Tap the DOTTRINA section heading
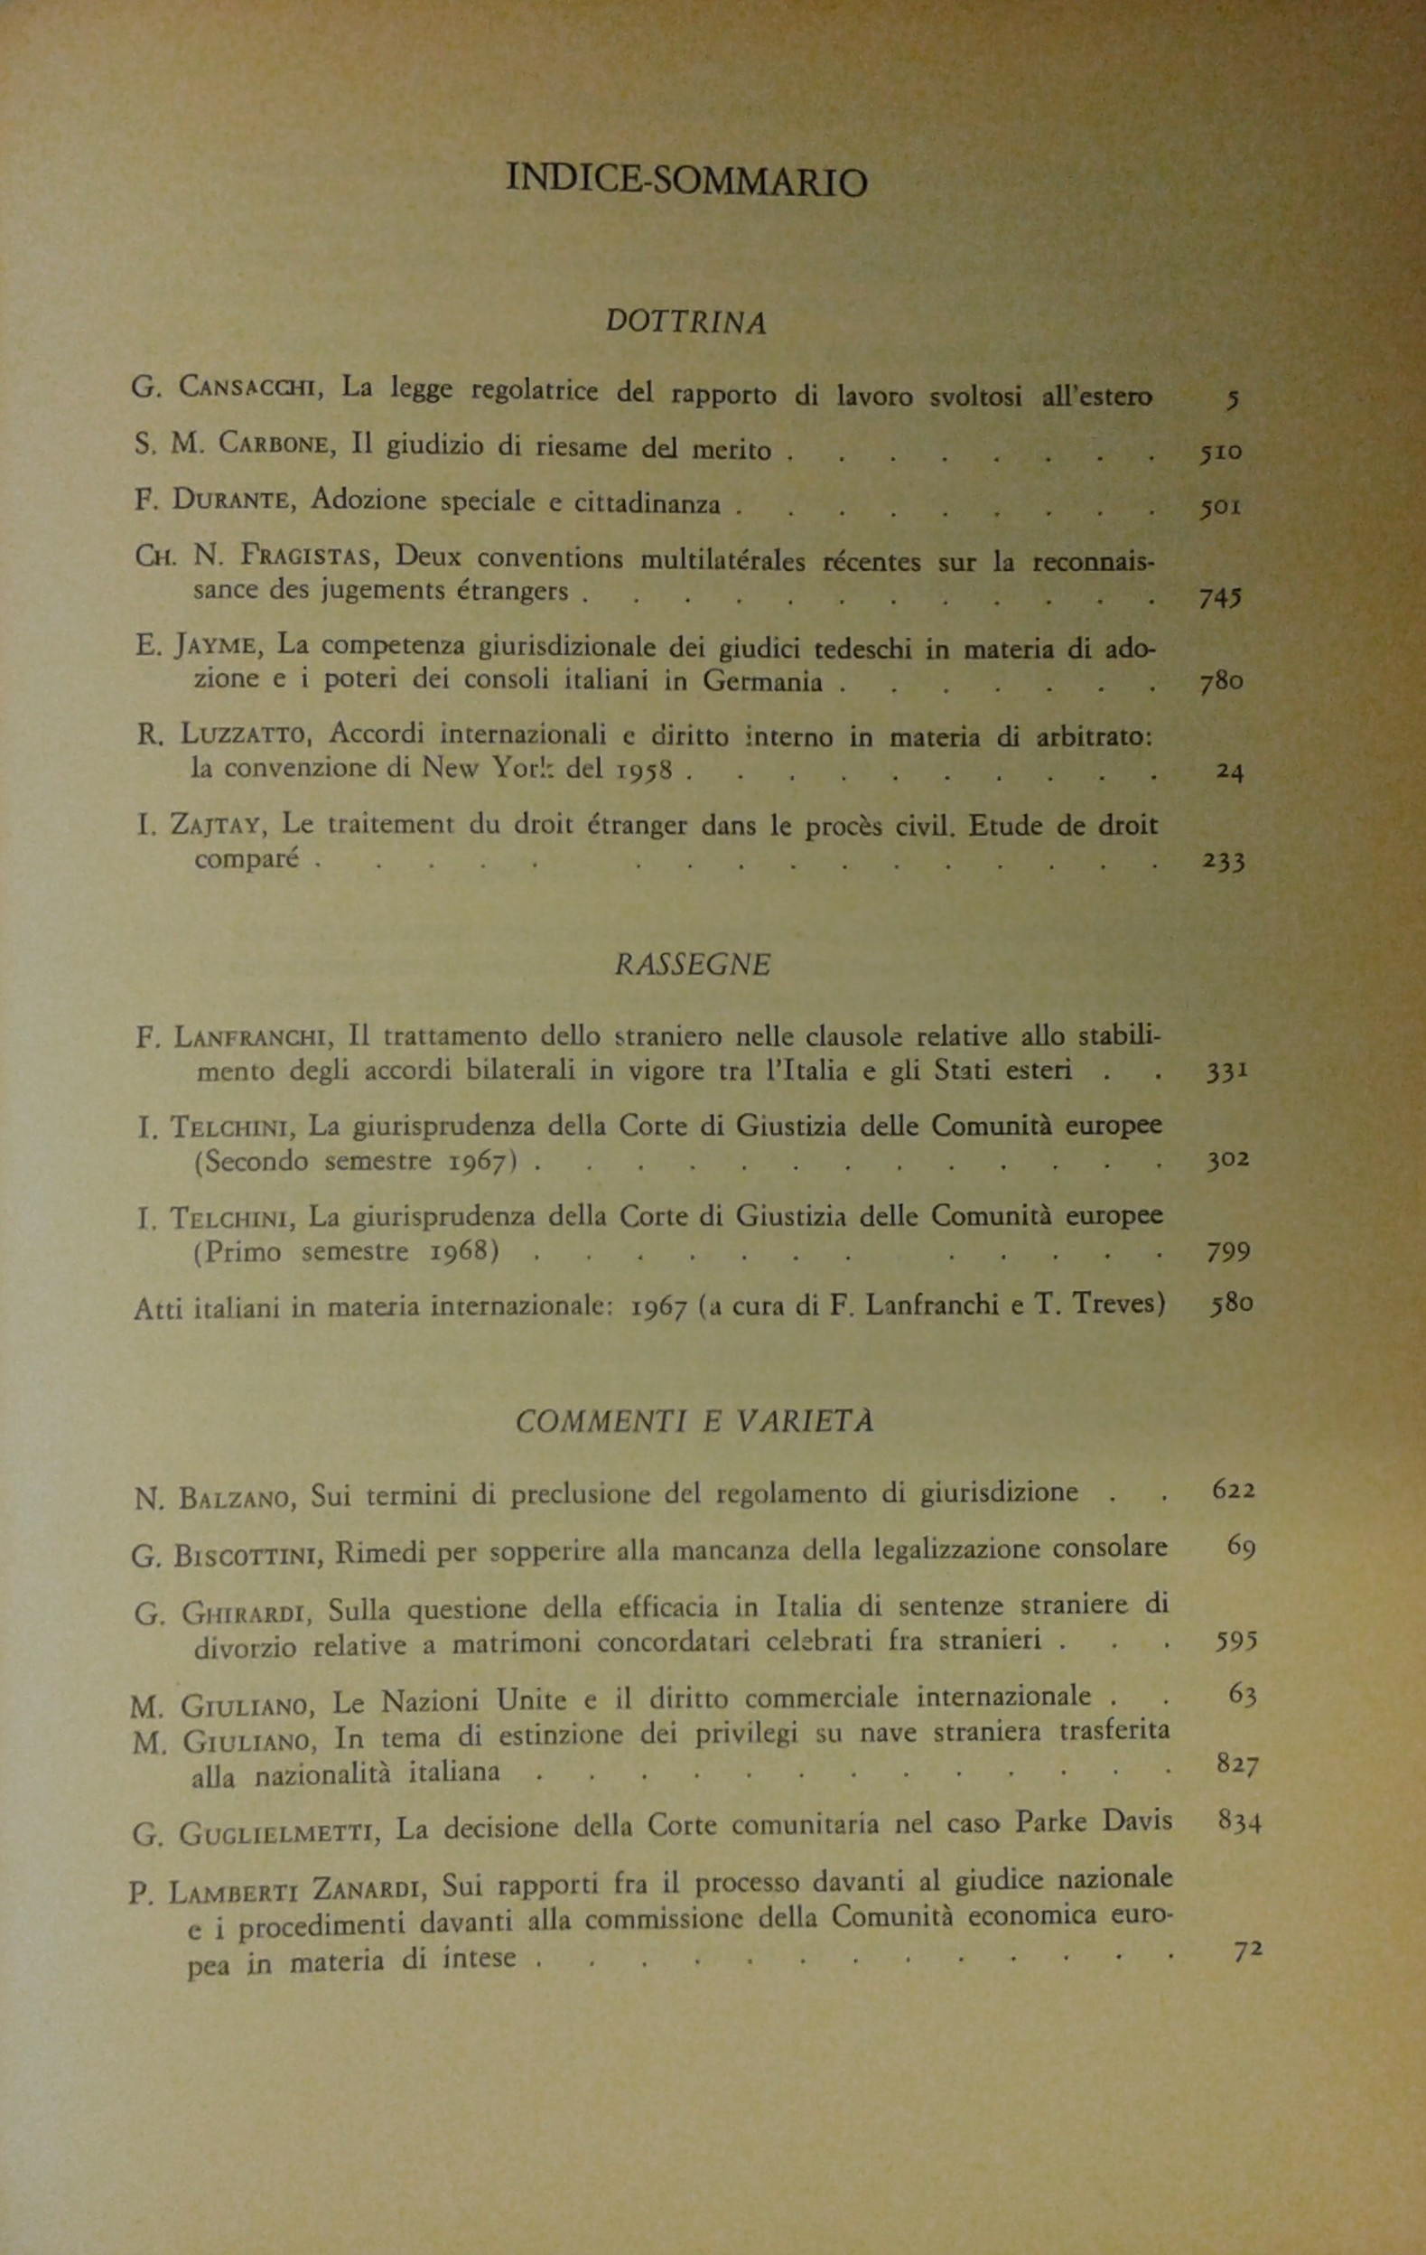[685, 323]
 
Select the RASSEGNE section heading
[693, 965]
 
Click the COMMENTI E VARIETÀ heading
[694, 1420]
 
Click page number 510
[1220, 453]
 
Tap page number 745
[1220, 599]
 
